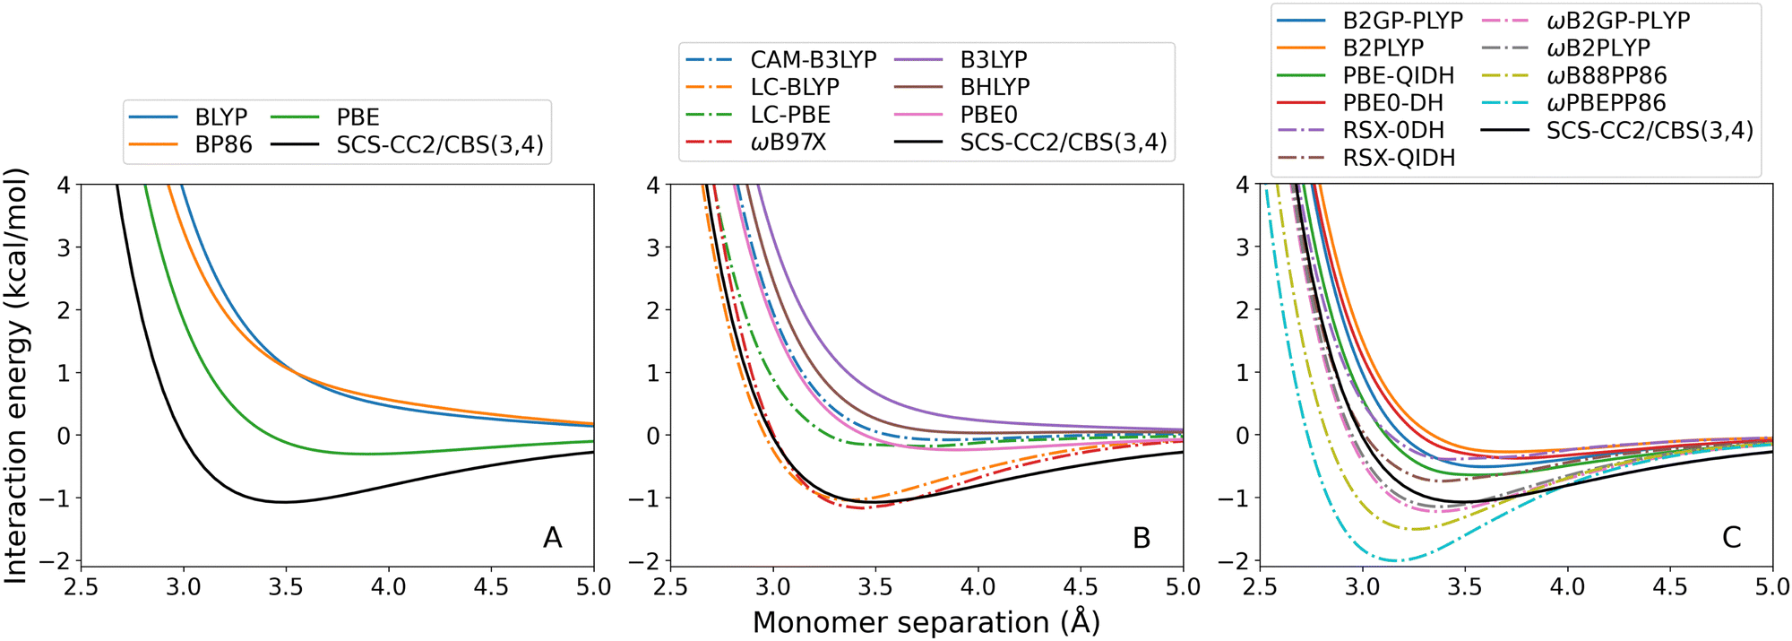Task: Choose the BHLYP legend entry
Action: pos(995,87)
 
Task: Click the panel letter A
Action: pos(553,538)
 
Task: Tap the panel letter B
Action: pos(1141,538)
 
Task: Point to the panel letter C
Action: pos(1731,538)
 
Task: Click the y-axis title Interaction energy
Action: pos(16,377)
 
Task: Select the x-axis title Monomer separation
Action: pos(926,622)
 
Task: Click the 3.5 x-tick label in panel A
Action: pos(286,588)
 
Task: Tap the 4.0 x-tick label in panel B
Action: pos(978,588)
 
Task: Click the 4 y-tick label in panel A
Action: pos(63,186)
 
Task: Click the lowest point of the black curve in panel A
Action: pos(284,502)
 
